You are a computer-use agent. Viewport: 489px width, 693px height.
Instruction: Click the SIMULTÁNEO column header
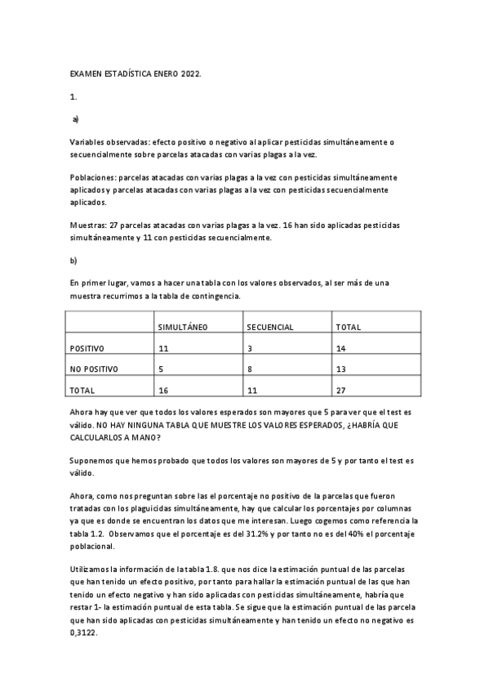pos(184,327)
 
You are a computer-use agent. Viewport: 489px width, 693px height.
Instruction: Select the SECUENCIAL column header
pos(270,327)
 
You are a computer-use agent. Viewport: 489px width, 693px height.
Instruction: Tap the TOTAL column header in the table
pos(349,327)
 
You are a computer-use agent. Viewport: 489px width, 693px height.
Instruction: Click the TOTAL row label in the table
pos(82,391)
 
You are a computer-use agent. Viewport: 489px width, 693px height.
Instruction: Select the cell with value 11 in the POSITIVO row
pos(163,348)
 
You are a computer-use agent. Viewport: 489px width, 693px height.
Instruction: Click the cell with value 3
pos(249,348)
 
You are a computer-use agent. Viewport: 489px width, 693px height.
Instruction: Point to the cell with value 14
pos(340,348)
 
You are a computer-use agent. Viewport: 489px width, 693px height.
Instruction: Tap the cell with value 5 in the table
pos(161,369)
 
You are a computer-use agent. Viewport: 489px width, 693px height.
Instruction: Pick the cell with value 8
pos(249,369)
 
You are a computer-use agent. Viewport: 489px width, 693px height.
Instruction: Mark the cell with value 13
pos(340,369)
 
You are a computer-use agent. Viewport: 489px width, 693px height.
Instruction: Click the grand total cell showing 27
pos(340,391)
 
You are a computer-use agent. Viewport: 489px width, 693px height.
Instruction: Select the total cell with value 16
pos(163,391)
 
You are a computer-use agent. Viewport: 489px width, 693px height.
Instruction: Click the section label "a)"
pos(75,119)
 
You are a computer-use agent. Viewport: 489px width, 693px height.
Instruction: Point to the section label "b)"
pos(73,261)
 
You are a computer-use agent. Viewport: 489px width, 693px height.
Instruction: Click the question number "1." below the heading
pos(73,97)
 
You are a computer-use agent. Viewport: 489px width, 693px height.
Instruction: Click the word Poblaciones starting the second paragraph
pos(92,177)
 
